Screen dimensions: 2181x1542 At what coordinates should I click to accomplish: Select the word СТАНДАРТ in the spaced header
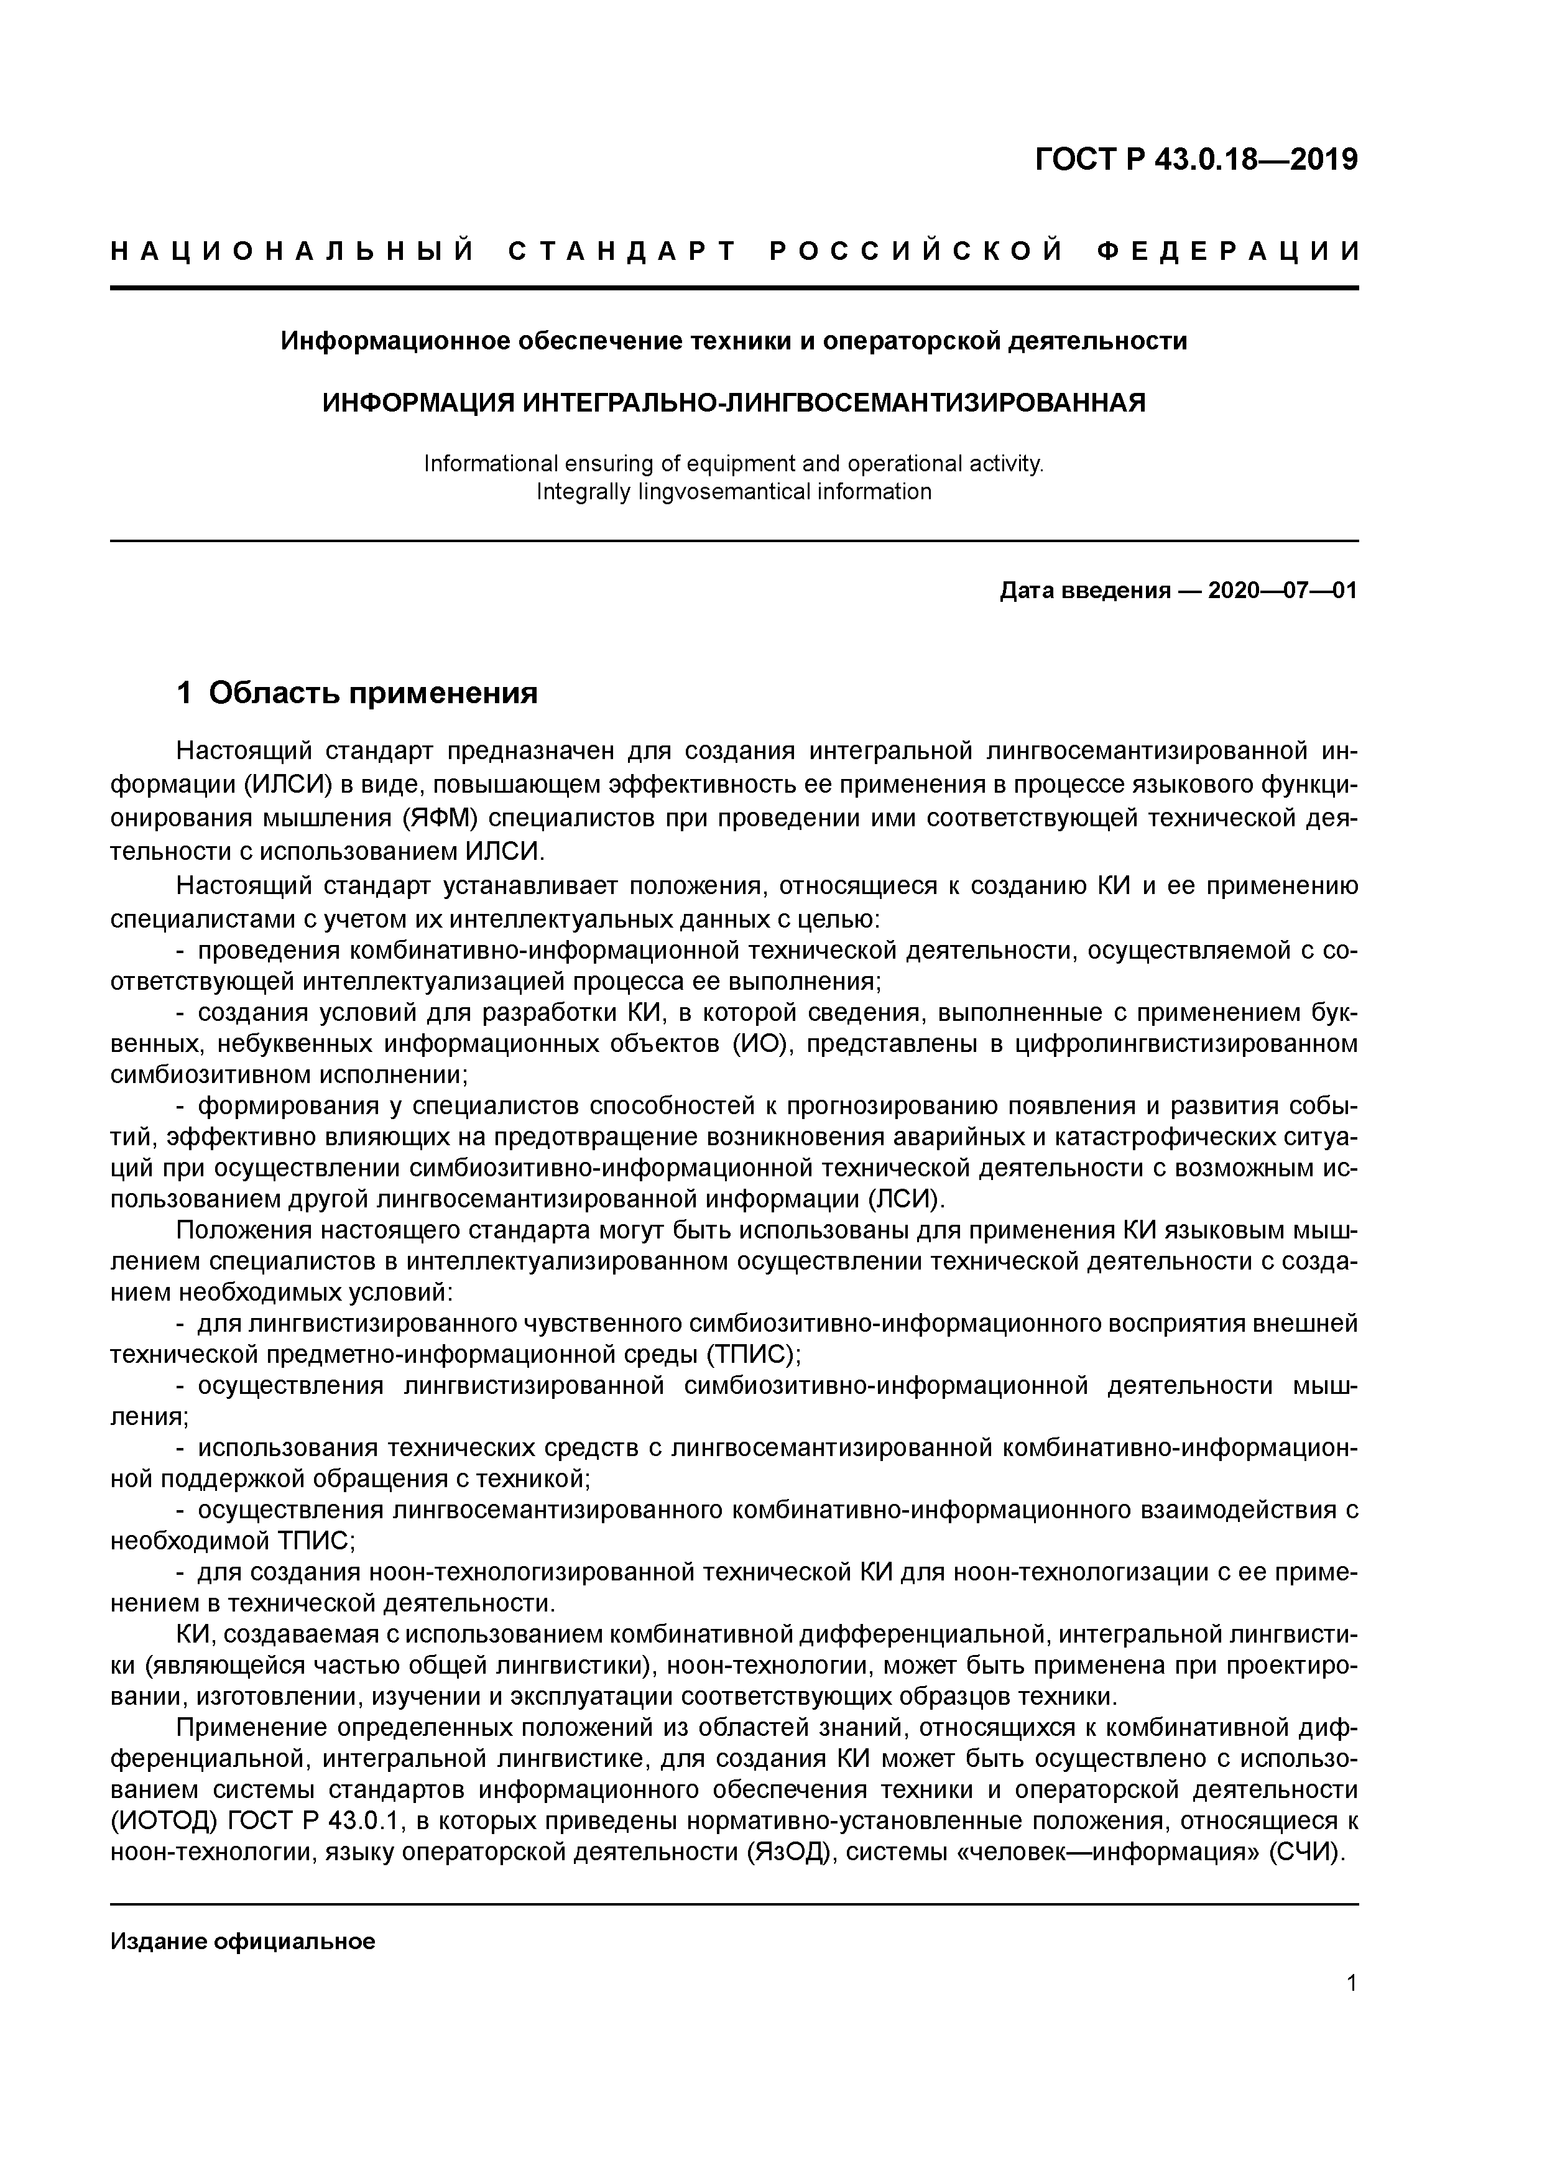[622, 252]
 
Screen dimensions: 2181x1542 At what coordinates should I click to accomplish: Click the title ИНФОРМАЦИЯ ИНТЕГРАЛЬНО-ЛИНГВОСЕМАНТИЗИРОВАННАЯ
[734, 403]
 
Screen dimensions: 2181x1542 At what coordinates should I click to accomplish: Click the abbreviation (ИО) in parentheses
[755, 1044]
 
